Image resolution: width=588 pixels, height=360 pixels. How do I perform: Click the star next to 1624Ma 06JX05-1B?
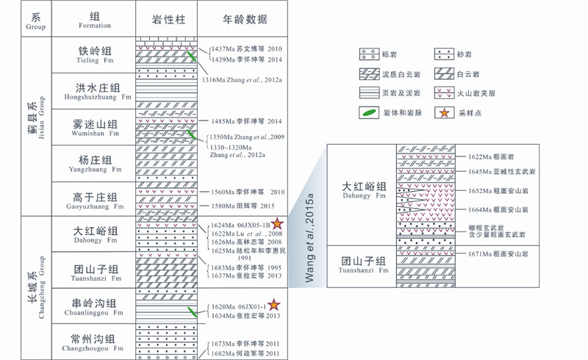pyautogui.click(x=278, y=224)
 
